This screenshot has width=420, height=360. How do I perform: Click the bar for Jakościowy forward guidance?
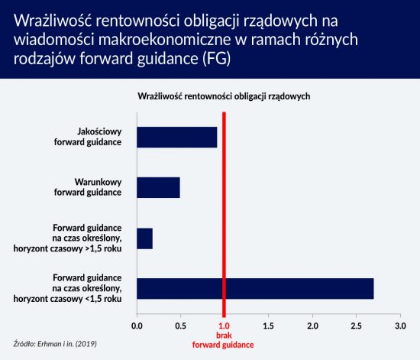[177, 138]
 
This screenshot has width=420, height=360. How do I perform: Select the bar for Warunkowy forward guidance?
[158, 187]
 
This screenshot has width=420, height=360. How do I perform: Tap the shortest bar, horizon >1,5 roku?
[144, 238]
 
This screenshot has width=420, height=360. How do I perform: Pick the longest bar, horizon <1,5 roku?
[255, 289]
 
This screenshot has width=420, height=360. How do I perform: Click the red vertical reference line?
[225, 215]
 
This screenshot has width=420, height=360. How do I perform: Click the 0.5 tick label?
[180, 326]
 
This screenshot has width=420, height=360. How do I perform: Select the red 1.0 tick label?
[225, 326]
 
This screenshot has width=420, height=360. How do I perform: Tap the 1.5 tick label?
[268, 326]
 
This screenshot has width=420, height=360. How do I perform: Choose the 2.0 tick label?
[312, 326]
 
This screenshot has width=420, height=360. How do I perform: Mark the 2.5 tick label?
[357, 326]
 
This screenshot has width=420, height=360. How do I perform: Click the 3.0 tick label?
[400, 326]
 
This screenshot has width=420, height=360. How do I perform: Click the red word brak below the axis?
[224, 336]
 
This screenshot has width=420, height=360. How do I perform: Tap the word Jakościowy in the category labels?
[99, 132]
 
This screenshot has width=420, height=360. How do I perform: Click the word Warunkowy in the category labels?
[98, 182]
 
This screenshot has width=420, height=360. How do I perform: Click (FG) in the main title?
[216, 59]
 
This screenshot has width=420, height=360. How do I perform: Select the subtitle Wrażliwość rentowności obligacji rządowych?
[224, 96]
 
